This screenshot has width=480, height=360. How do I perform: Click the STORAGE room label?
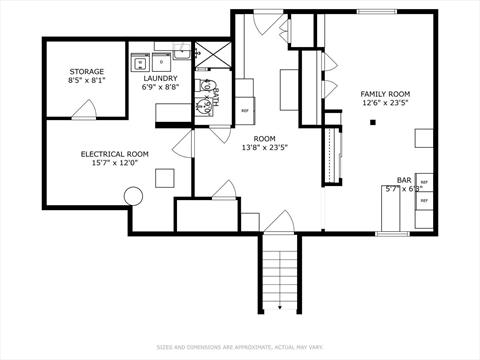(87, 72)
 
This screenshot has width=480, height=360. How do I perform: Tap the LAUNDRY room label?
(160, 78)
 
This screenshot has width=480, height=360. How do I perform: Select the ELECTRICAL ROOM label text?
(114, 153)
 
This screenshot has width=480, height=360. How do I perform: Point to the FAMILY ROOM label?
(385, 95)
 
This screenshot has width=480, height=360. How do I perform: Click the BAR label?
(404, 179)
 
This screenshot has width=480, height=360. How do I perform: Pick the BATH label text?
(215, 97)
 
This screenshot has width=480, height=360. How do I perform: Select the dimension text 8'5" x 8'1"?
(87, 81)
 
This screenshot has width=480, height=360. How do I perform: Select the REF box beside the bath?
(244, 110)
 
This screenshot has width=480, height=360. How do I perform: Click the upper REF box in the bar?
(424, 183)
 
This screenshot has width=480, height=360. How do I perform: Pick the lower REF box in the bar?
(424, 200)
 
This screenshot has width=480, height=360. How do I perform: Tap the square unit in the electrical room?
(164, 179)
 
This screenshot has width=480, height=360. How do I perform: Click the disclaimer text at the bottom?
(239, 348)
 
